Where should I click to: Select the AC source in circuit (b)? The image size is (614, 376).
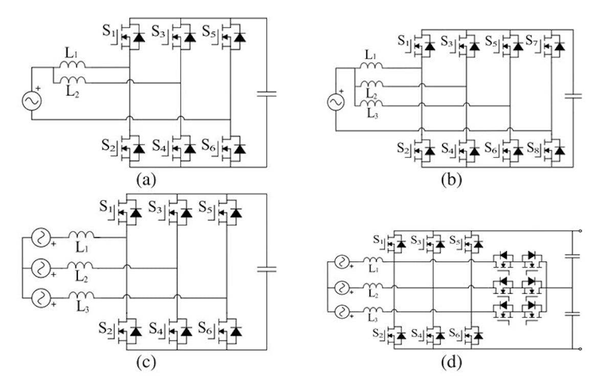336,103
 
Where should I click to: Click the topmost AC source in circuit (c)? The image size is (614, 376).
40,238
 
